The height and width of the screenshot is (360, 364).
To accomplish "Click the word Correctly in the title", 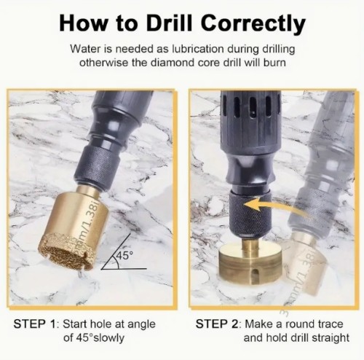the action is tap(253, 25).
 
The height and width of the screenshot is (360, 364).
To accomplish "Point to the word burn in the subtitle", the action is tap(274, 63).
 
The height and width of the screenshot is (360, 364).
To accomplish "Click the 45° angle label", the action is tap(124, 256).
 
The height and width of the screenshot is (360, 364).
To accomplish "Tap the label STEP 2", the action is tap(217, 324).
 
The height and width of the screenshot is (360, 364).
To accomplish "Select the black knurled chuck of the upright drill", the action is tap(250, 214).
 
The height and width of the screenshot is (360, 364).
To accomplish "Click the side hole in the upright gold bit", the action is tap(254, 275).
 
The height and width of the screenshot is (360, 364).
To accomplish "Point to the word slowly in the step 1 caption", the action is tap(108, 337).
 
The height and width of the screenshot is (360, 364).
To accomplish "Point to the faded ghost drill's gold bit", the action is tap(304, 262).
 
